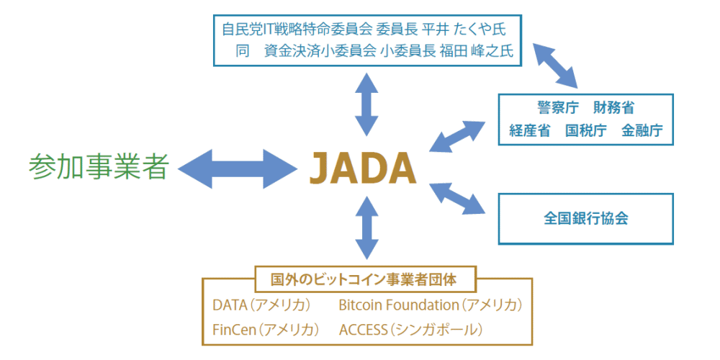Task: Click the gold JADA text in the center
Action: click(x=363, y=168)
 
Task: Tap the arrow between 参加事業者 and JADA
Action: click(x=238, y=168)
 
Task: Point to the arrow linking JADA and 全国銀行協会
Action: click(x=457, y=199)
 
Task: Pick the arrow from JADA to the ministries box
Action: click(x=457, y=136)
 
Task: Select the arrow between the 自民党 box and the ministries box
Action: click(x=555, y=66)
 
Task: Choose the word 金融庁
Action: click(x=642, y=130)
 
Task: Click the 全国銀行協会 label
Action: click(x=586, y=219)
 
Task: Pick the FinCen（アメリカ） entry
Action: click(x=266, y=330)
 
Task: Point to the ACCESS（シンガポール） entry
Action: click(x=411, y=330)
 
